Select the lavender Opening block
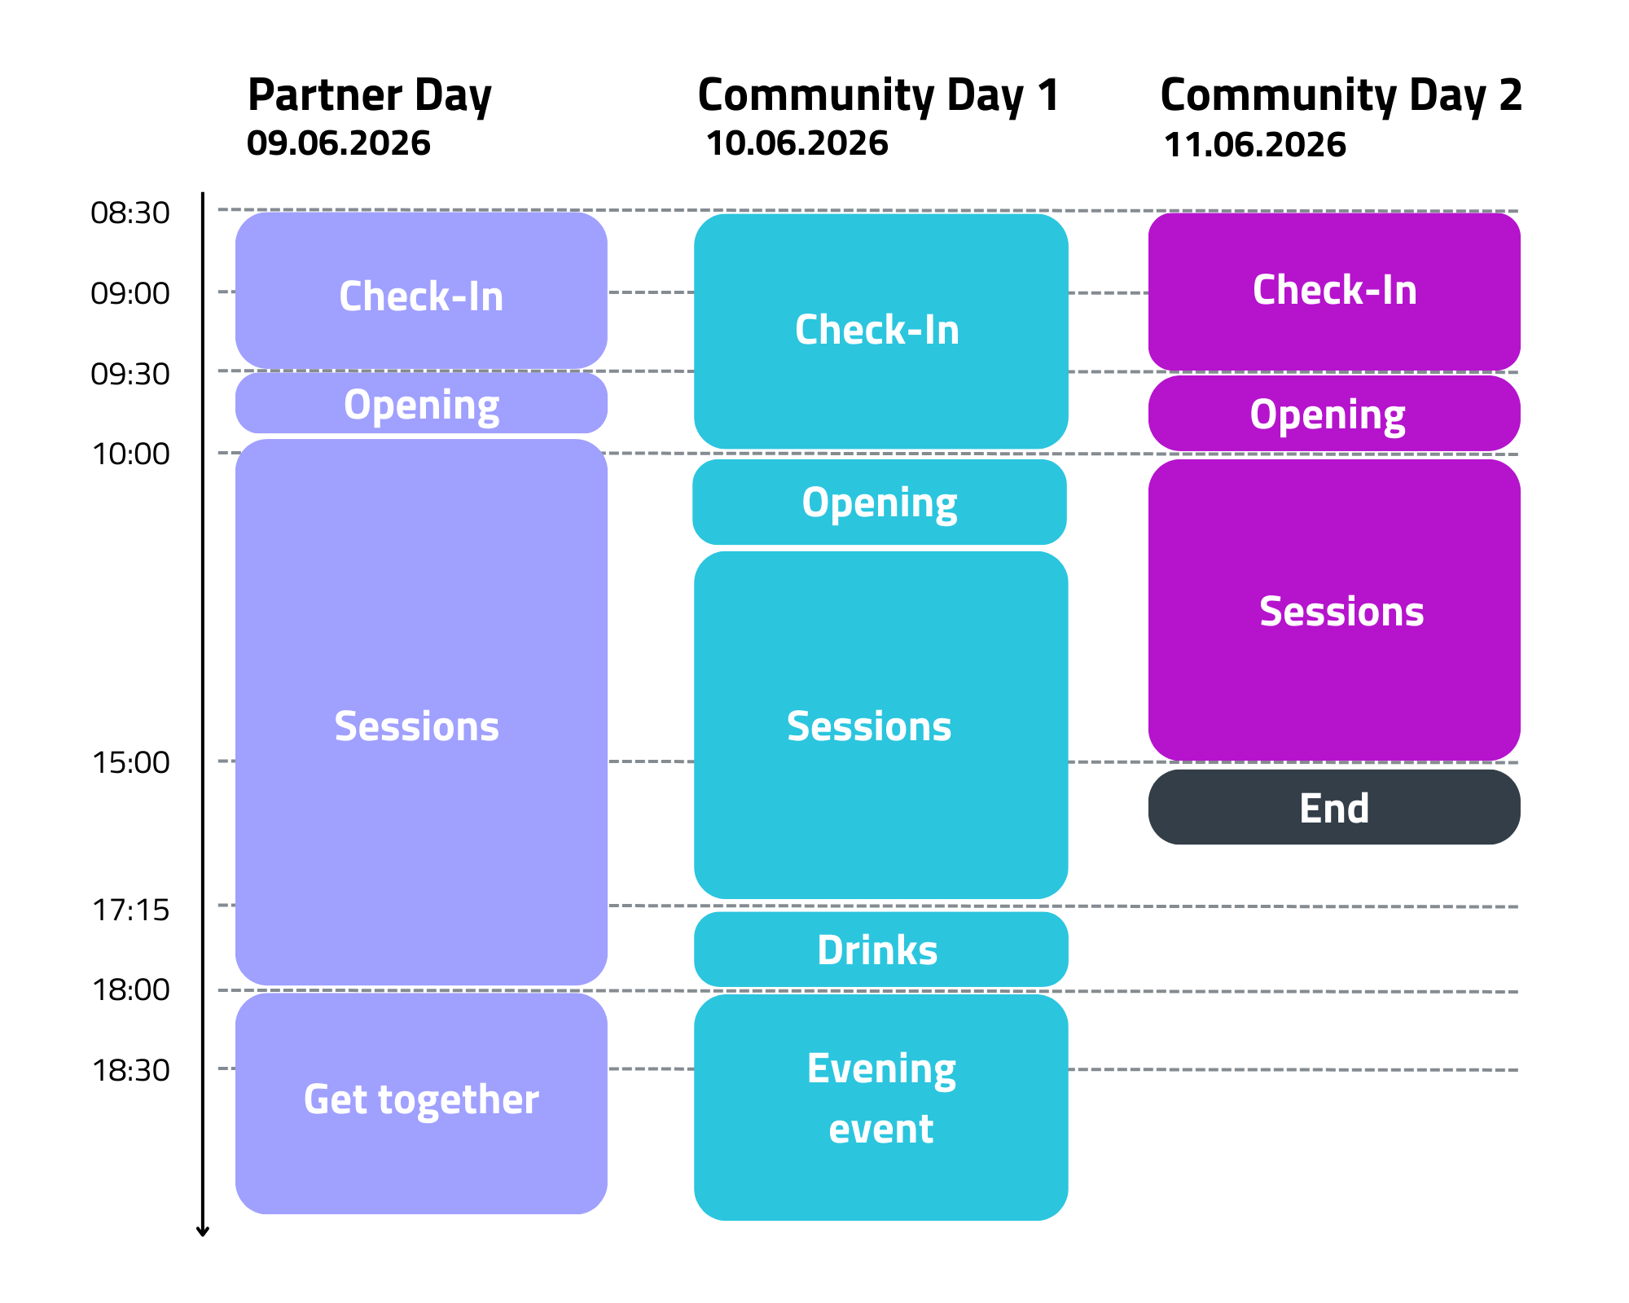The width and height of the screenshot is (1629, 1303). (421, 404)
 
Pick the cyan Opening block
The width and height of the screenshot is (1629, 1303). (880, 502)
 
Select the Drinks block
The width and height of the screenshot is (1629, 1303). (880, 950)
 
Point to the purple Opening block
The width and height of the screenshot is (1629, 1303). (1334, 414)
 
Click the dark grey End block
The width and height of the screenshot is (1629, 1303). (1334, 808)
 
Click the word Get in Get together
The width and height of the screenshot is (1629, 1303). (335, 1100)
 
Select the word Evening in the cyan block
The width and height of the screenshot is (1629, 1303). (880, 1069)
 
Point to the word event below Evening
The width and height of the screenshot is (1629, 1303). (880, 1130)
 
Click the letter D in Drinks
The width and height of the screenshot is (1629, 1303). (832, 950)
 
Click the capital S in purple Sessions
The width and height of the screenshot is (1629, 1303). (1272, 612)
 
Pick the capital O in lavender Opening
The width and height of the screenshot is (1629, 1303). (357, 404)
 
